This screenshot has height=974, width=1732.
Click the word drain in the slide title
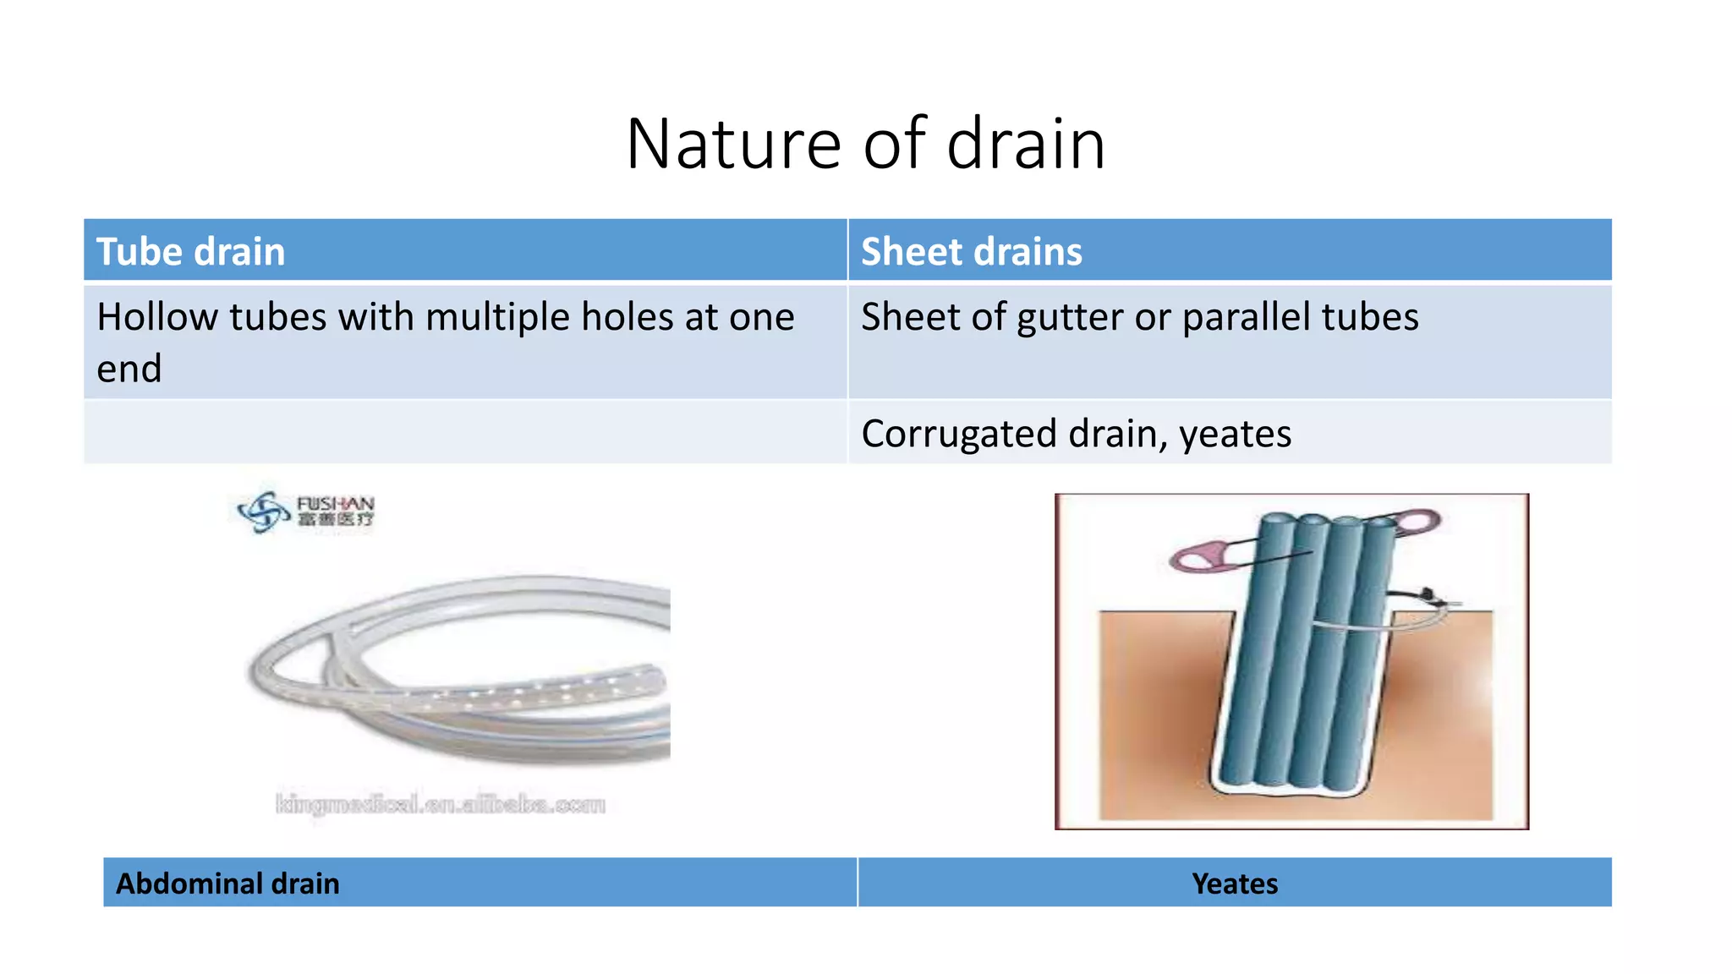point(1025,145)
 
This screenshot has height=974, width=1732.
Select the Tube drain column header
point(191,252)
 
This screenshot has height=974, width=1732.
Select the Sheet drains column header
point(971,252)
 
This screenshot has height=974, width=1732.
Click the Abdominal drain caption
point(227,884)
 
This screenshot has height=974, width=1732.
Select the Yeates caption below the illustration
point(1234,884)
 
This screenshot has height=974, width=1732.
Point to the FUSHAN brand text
point(335,504)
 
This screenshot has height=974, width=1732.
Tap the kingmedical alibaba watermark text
point(441,804)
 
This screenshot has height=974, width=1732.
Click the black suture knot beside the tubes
point(1428,594)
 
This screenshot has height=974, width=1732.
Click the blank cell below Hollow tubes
point(465,432)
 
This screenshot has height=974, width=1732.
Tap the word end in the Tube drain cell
point(129,369)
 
